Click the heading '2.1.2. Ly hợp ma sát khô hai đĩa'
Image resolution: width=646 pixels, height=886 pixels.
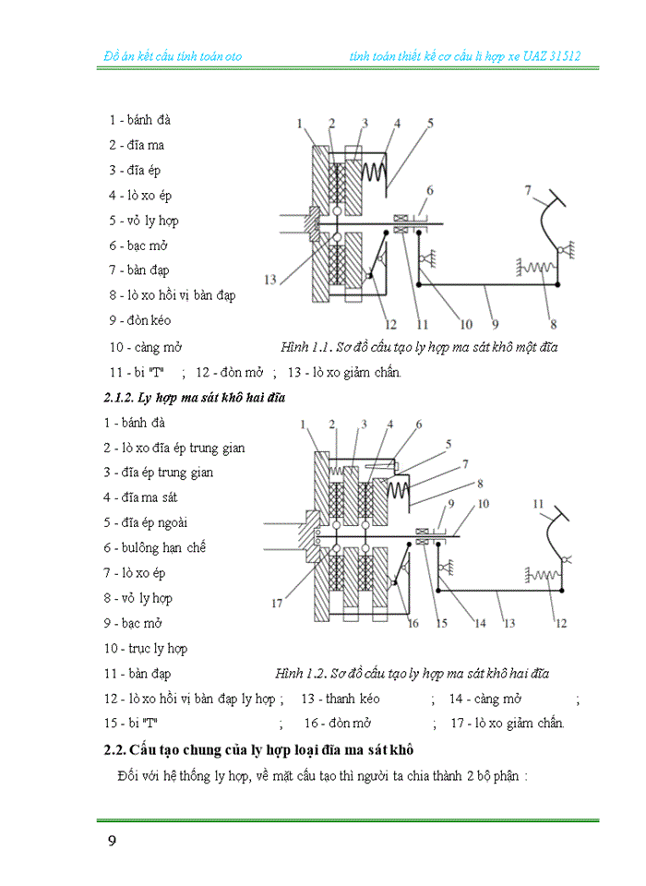click(194, 398)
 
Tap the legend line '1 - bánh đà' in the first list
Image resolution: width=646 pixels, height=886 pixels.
click(139, 120)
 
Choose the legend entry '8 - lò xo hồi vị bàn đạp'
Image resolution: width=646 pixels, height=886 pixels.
click(172, 295)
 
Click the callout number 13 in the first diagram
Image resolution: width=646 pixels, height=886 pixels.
click(269, 280)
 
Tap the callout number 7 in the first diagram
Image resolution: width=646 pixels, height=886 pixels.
click(528, 191)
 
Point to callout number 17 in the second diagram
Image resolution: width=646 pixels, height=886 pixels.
click(275, 605)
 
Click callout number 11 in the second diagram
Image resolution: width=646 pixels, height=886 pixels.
click(537, 504)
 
